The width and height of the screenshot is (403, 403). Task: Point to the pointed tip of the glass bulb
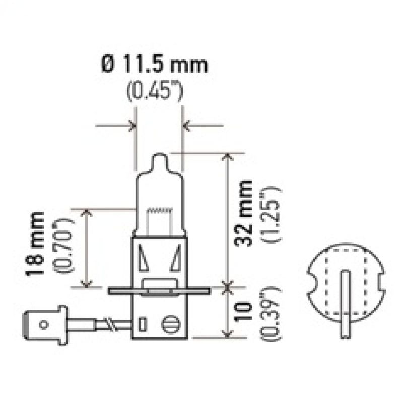pyautogui.click(x=159, y=157)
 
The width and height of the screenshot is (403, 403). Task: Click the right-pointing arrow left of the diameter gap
pyautogui.click(x=116, y=123)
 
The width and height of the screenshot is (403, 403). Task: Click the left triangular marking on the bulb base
pyautogui.click(x=144, y=261)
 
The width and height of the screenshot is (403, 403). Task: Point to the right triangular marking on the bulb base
pyautogui.click(x=176, y=261)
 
